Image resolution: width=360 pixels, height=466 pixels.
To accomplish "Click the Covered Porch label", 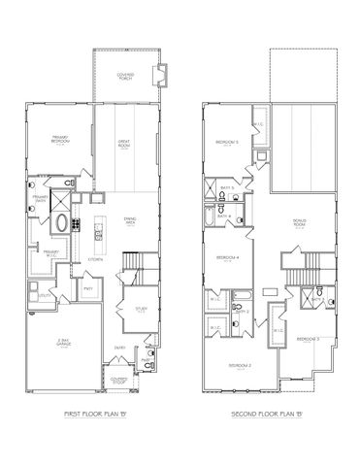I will (125, 77).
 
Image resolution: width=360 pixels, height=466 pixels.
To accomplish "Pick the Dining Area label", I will (129, 220).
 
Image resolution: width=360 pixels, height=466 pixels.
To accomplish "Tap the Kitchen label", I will (96, 260).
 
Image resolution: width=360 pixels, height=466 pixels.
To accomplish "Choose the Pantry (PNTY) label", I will (88, 288).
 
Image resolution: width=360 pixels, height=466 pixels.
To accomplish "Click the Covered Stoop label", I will (118, 380).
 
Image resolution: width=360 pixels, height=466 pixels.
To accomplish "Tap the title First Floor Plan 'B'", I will (96, 415).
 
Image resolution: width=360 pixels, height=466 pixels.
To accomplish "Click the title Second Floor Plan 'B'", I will (273, 415).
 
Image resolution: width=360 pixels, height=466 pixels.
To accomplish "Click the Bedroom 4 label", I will (229, 257).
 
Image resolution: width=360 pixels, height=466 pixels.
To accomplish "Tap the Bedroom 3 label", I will (310, 337).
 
